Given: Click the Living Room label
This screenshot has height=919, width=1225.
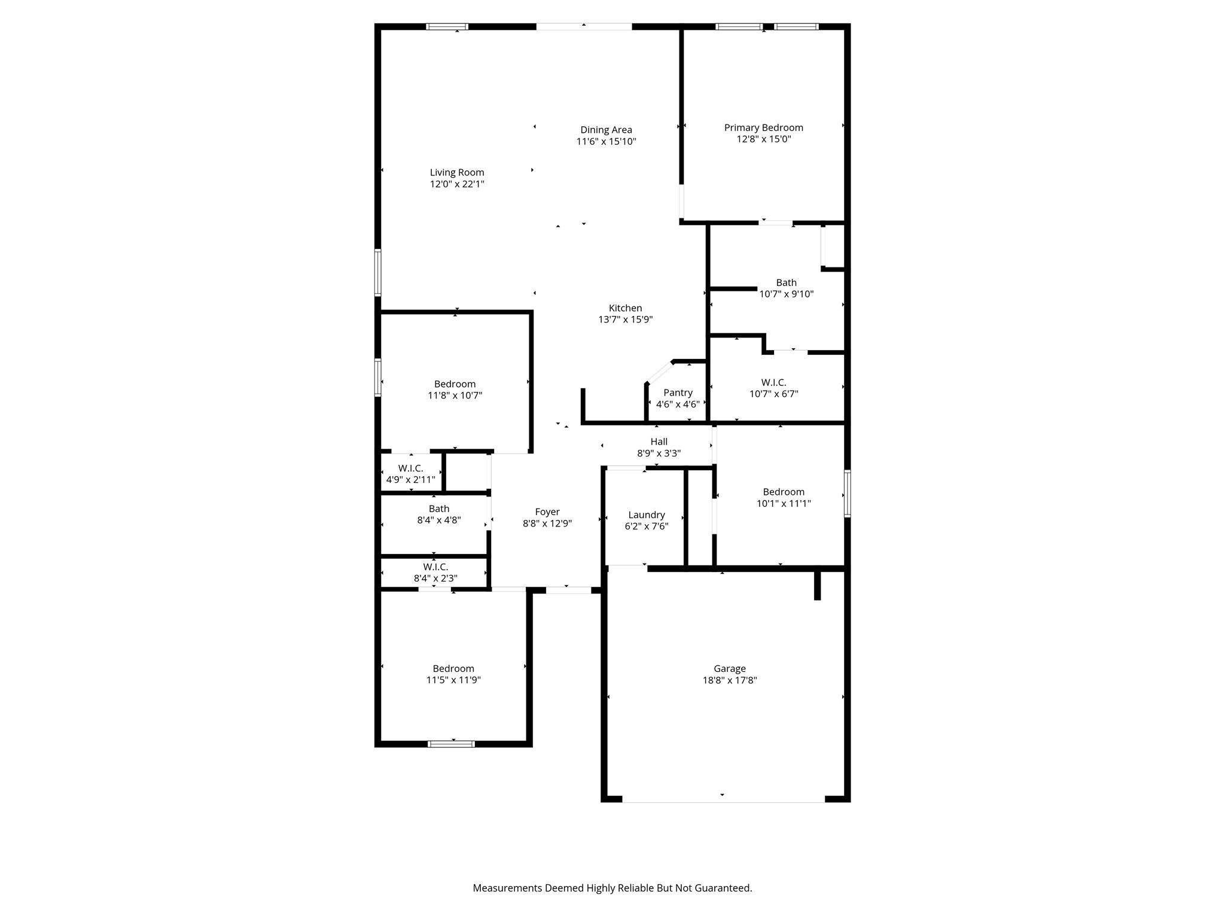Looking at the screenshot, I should [457, 172].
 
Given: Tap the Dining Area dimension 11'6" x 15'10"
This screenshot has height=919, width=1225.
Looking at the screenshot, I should [606, 142].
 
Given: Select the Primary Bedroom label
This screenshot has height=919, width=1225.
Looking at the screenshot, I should [763, 127].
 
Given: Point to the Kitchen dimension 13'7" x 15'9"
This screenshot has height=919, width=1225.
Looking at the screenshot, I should [625, 319].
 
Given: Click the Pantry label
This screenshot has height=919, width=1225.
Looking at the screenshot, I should [678, 392].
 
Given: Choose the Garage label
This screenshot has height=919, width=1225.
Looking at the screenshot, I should [729, 669].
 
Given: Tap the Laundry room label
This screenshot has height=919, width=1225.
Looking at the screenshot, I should [646, 515].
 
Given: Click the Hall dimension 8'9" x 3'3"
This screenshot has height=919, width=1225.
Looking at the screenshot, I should [659, 454].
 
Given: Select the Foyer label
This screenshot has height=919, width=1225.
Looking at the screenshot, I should [547, 512].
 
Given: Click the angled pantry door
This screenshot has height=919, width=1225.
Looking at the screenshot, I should [659, 372].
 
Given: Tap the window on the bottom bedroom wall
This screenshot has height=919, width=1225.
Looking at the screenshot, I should [451, 744].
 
